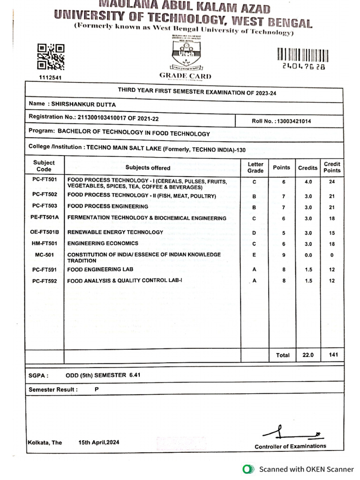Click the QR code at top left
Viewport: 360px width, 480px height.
pyautogui.click(x=51, y=57)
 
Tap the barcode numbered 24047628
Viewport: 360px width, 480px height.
pyautogui.click(x=303, y=55)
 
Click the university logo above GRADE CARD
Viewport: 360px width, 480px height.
pyautogui.click(x=185, y=53)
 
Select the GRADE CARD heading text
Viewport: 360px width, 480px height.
pyautogui.click(x=185, y=76)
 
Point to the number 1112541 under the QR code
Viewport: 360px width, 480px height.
pyautogui.click(x=49, y=77)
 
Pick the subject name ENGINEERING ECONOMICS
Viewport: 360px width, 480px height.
pyautogui.click(x=103, y=243)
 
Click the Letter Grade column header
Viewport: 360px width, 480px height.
pyautogui.click(x=255, y=167)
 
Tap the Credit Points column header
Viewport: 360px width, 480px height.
pyautogui.click(x=332, y=167)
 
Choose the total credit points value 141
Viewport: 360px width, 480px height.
pyautogui.click(x=333, y=355)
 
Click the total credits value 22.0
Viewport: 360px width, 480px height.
pyautogui.click(x=308, y=355)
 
